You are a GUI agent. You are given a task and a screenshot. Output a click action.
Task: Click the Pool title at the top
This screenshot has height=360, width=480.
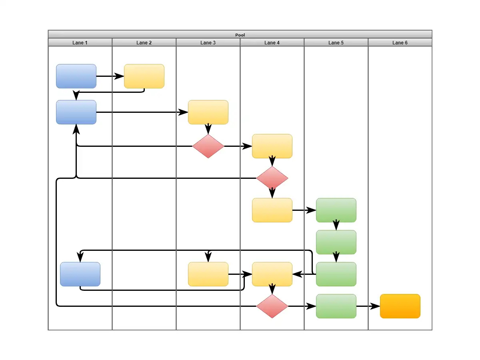tap(240, 35)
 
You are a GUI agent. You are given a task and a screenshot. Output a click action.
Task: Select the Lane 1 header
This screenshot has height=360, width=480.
tap(80, 42)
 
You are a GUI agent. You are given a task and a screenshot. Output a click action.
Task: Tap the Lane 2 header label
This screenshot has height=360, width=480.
tap(144, 42)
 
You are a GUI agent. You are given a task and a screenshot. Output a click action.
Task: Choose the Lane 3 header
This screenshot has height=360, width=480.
tap(208, 42)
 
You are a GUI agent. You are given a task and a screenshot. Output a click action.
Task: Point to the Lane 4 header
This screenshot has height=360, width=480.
tap(272, 42)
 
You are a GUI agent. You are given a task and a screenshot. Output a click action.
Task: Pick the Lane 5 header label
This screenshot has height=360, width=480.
tap(336, 42)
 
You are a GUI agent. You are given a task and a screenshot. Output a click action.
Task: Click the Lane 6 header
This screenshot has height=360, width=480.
tap(400, 42)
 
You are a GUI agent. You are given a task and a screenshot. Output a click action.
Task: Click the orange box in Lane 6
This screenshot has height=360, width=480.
tap(400, 306)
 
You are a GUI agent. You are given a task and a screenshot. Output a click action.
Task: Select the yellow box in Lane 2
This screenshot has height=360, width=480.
tap(144, 76)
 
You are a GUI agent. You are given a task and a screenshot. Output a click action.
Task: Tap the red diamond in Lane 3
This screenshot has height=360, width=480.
tap(208, 146)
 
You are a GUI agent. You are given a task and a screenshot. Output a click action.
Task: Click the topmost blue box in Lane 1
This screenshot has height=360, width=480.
tap(76, 76)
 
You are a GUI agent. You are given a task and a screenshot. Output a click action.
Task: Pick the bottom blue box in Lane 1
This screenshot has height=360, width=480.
tap(80, 274)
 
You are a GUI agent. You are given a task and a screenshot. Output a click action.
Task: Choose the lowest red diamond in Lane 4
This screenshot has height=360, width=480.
tap(272, 306)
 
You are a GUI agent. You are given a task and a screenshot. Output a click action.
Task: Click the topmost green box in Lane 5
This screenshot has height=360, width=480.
tap(336, 210)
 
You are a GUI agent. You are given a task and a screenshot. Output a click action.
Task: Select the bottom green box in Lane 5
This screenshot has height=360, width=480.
tap(336, 306)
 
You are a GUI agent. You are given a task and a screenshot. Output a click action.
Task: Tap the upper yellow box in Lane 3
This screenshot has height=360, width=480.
tap(208, 112)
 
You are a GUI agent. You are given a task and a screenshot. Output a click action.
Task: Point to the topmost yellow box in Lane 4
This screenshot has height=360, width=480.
tap(272, 146)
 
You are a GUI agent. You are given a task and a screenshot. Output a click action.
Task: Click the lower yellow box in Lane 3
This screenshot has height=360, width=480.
tap(208, 274)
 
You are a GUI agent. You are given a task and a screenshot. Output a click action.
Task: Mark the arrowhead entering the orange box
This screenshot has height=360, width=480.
tap(375, 306)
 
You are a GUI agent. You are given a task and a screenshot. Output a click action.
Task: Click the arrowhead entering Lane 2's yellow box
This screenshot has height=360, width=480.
tap(119, 76)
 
